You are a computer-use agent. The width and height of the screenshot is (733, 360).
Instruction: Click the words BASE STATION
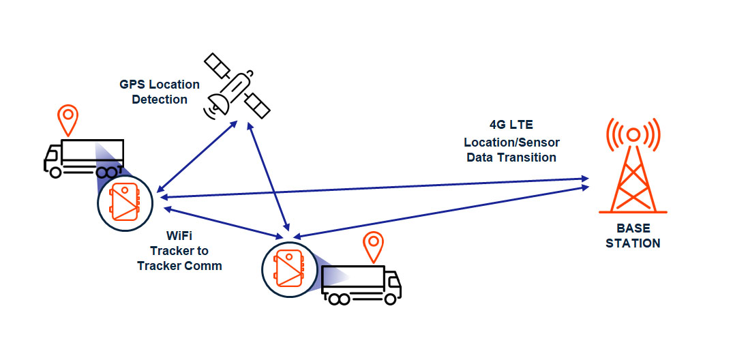[x=633, y=235]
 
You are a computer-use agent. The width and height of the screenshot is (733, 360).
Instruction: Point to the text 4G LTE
[x=511, y=125]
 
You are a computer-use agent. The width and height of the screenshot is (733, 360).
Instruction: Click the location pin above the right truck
[x=372, y=246]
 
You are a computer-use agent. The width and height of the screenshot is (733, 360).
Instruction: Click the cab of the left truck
[x=53, y=159]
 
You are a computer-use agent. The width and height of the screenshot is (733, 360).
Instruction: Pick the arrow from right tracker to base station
[x=443, y=211]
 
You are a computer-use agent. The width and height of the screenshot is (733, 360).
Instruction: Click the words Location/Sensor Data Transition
[x=511, y=150]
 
